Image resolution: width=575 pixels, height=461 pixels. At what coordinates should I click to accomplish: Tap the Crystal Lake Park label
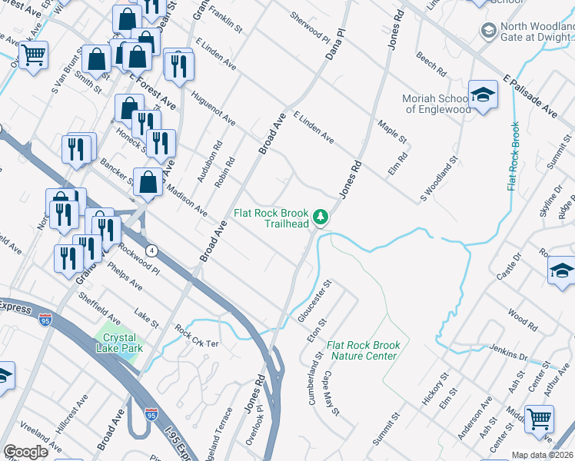118,343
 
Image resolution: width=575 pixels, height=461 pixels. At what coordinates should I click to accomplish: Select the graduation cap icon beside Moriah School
483,95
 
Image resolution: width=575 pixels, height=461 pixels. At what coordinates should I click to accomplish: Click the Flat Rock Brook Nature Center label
364,350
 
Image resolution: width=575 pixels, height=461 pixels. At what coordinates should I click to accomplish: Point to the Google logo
25,452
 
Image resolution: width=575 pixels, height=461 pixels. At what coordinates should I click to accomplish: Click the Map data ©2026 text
542,455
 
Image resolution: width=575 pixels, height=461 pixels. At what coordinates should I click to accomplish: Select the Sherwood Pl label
309,28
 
